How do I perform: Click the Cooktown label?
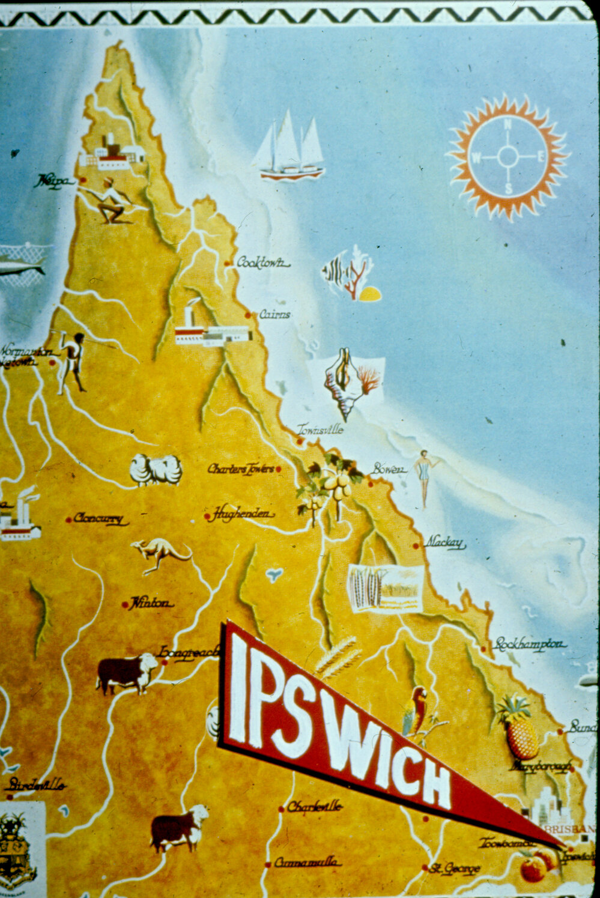(x=262, y=262)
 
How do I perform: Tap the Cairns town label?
(x=275, y=314)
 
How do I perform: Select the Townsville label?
(x=321, y=429)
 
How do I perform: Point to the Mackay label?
(x=445, y=543)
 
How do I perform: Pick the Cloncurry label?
(x=100, y=518)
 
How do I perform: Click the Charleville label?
(x=314, y=807)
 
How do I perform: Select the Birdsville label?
(x=35, y=784)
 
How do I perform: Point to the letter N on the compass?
(x=508, y=125)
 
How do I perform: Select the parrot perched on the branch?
(x=415, y=712)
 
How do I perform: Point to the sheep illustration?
(x=156, y=470)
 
